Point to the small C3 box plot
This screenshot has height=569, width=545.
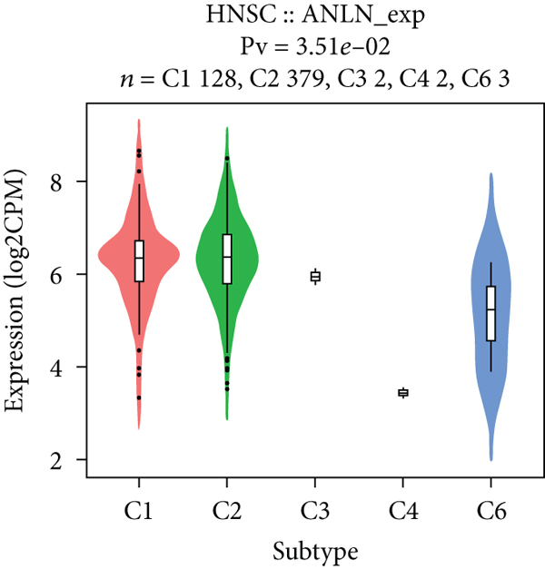(315, 277)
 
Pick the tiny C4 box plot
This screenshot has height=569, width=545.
(403, 393)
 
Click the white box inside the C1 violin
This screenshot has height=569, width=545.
(139, 261)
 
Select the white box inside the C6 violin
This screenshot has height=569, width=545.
(491, 313)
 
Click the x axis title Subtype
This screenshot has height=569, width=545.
(315, 550)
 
